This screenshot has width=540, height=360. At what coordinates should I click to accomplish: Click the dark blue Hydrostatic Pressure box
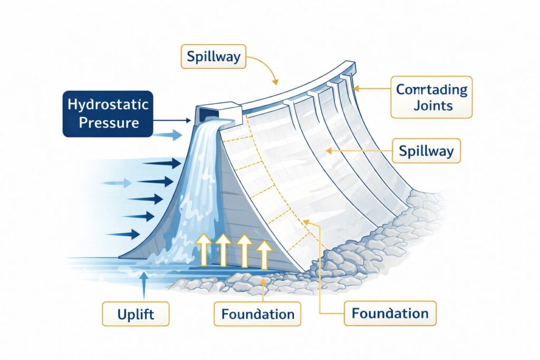click(x=108, y=114)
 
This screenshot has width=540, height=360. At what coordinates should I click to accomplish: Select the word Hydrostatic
click(x=108, y=104)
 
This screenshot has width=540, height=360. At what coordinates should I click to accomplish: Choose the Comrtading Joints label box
click(x=431, y=97)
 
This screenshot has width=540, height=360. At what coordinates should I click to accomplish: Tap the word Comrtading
click(x=431, y=89)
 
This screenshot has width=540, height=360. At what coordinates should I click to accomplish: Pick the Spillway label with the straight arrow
click(x=426, y=151)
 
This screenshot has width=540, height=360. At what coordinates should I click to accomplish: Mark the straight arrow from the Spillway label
click(x=359, y=151)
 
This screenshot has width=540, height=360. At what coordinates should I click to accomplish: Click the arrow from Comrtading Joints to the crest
click(x=372, y=89)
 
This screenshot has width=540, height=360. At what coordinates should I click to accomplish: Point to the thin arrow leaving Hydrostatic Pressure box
click(x=171, y=121)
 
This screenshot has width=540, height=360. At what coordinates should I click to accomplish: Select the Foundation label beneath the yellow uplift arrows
click(x=257, y=315)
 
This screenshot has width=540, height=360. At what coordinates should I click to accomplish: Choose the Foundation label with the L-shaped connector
click(x=390, y=314)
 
